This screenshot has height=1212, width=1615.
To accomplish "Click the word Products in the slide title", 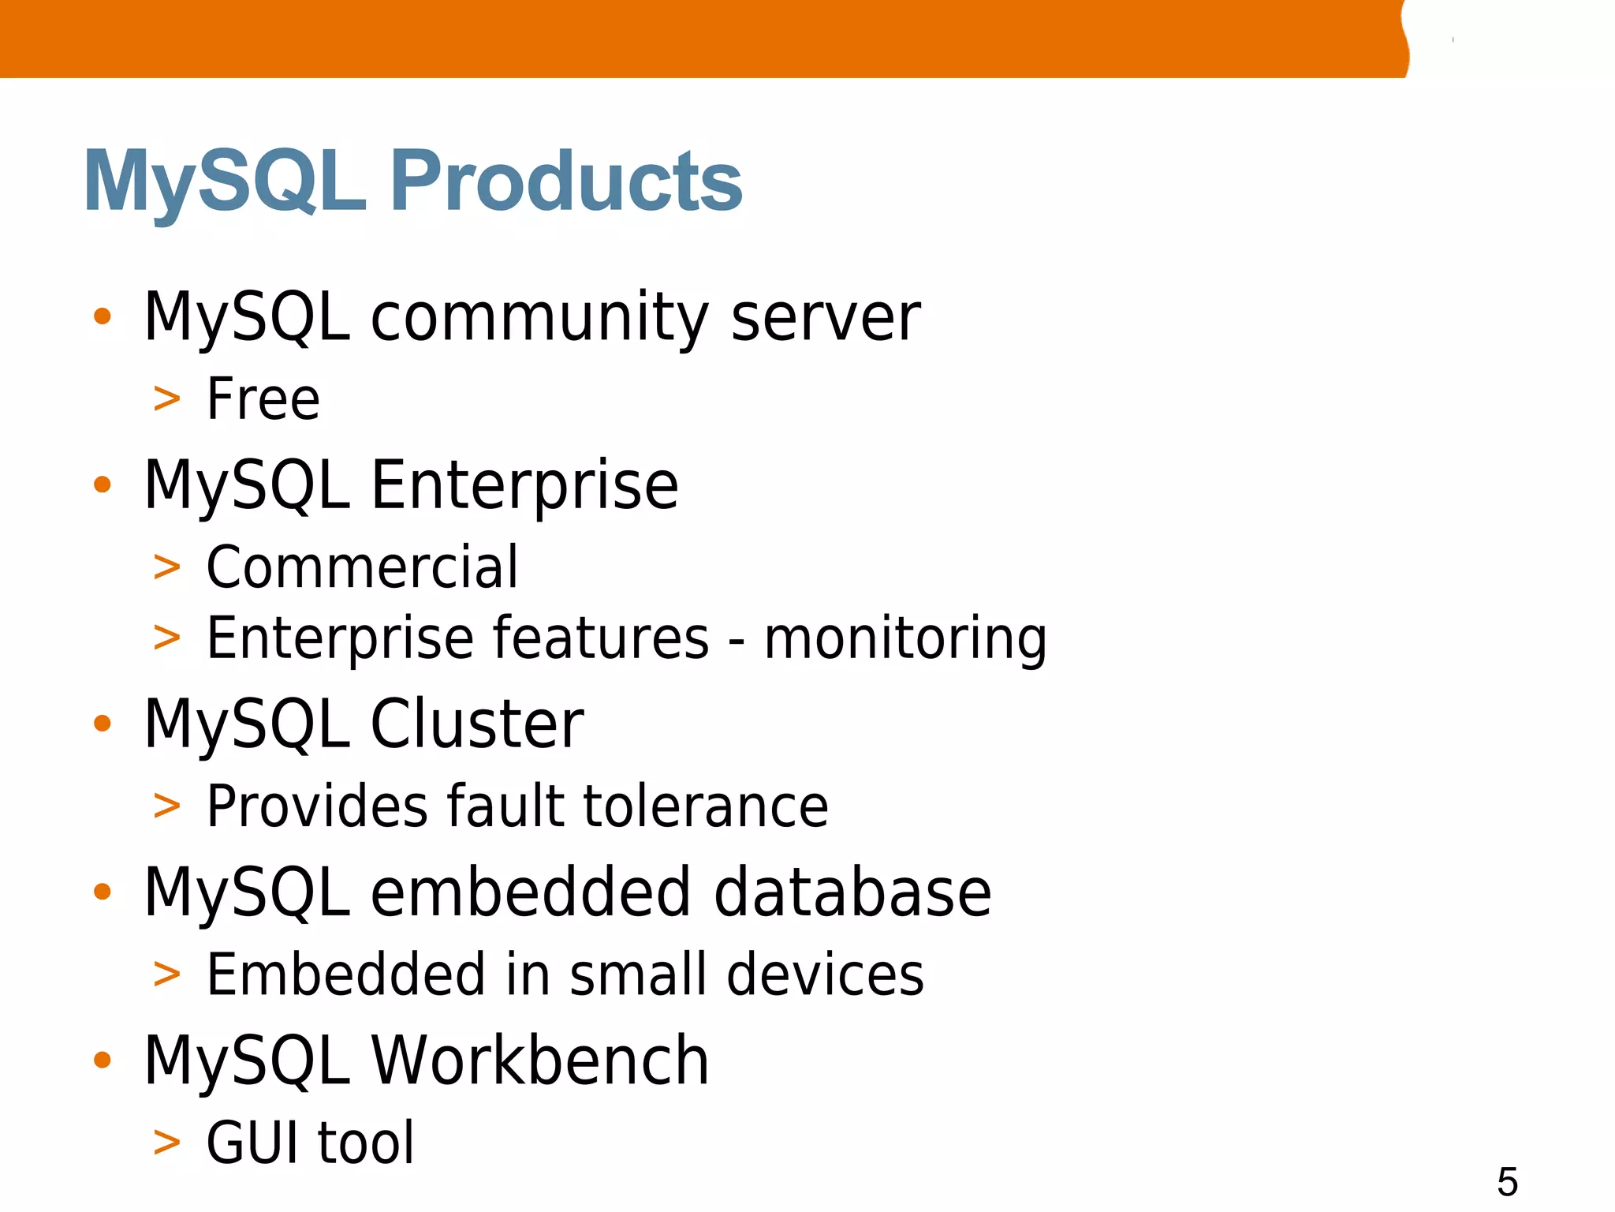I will coord(566,181).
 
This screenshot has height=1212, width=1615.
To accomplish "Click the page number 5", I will coord(1507,1182).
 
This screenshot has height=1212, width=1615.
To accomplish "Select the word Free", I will coord(263,399).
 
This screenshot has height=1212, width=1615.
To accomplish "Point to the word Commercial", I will coord(362,567).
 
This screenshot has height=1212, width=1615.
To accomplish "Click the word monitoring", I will coord(905,638).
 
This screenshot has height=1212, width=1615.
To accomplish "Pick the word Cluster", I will coord(477,724).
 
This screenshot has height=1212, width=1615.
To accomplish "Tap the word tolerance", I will coord(706,806).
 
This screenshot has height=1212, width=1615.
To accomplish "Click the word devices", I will coord(825,974).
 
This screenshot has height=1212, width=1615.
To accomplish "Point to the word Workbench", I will coord(540,1060).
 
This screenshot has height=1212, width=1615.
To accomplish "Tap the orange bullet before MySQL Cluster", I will coord(102,723).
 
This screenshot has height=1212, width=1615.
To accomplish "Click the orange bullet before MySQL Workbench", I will coord(102,1060).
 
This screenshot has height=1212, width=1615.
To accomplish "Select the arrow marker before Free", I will coord(166,400).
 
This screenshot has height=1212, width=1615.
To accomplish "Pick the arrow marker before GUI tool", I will coord(166,1143).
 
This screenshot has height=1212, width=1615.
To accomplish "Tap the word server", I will coord(826,317).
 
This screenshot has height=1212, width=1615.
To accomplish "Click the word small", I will coord(637,974).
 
